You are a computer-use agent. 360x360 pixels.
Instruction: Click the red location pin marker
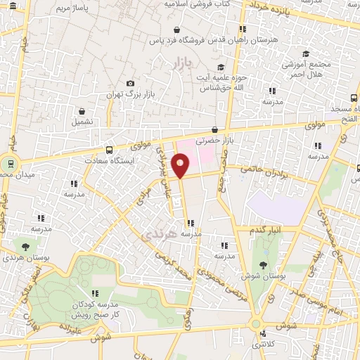coord(181,167)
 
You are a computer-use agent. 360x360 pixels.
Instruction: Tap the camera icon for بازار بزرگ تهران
coord(130,84)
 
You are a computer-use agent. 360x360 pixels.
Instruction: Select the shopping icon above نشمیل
coord(83,110)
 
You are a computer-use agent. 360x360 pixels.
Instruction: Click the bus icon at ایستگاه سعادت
coord(109,150)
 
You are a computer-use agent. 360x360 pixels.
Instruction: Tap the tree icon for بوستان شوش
coord(263,264)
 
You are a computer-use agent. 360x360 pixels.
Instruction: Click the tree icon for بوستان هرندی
coord(26,247)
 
